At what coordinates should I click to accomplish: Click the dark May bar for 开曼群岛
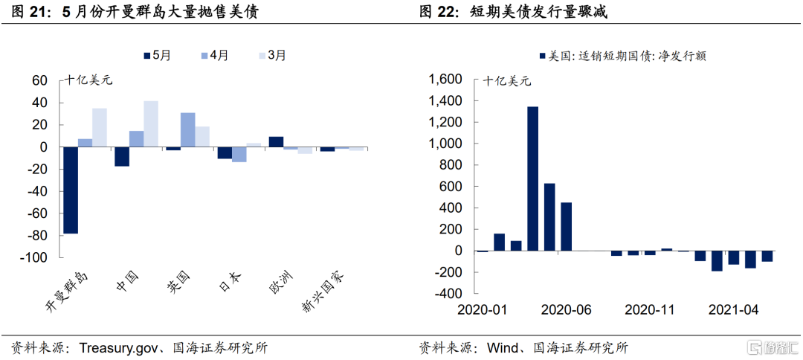[71, 190]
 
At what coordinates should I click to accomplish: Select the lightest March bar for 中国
[151, 123]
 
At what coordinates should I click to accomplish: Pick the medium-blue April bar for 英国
[187, 129]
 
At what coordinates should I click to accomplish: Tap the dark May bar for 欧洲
[276, 141]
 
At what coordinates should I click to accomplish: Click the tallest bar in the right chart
[532, 179]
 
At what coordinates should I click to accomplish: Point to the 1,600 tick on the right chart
[445, 80]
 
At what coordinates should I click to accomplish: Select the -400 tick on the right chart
[448, 294]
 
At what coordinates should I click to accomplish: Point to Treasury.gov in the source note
[118, 347]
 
